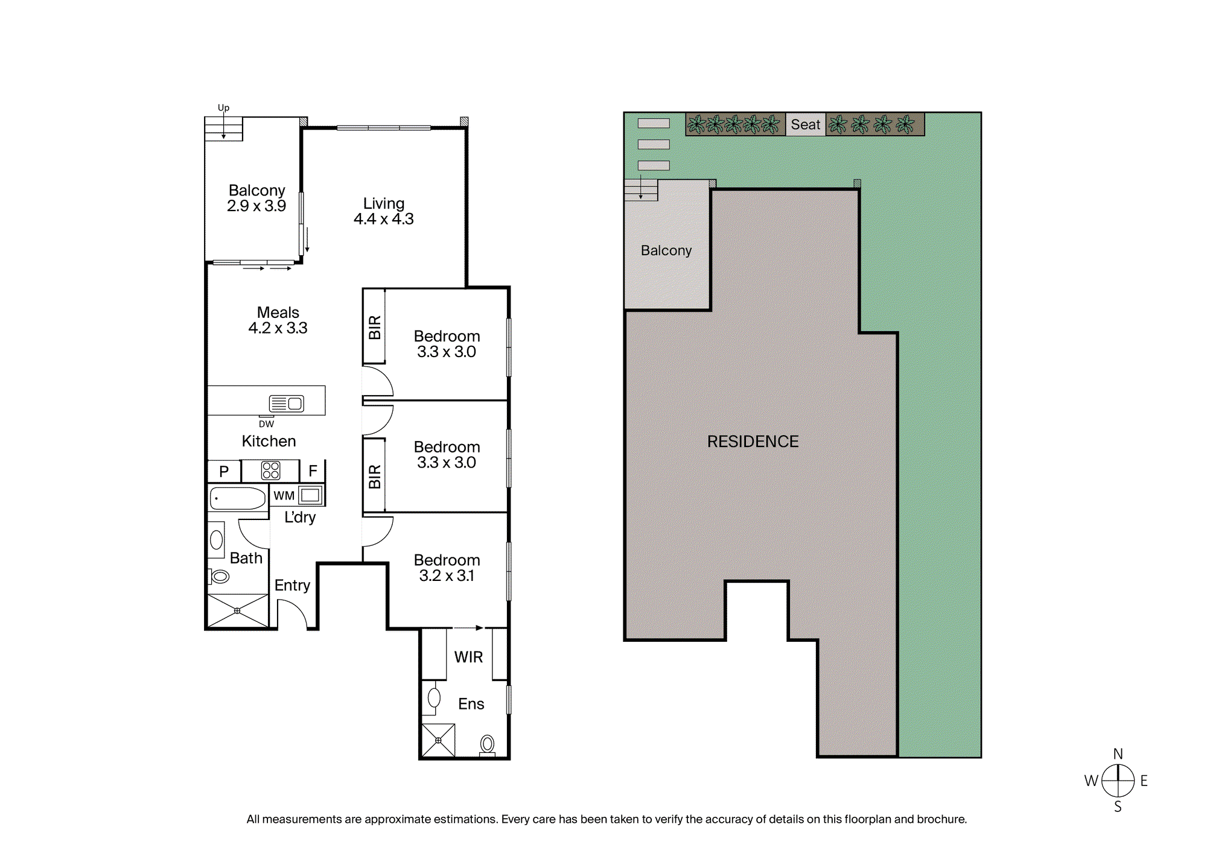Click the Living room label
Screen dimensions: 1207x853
pos(384,211)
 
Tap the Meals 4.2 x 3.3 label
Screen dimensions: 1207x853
pos(278,320)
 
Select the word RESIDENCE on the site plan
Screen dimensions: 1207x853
pos(753,442)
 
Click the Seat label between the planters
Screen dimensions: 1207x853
pos(806,124)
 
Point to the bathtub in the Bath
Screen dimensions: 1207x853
pos(238,499)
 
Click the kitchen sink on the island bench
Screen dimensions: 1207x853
pos(287,404)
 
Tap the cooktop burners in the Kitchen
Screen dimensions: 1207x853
pos(270,471)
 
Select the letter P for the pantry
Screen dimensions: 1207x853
pos(224,472)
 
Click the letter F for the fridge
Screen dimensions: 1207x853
pos(313,471)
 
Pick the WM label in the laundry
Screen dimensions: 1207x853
pos(284,496)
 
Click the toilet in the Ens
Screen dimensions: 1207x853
pos(487,746)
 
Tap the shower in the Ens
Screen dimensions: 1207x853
pos(438,740)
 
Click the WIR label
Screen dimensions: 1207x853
pos(468,657)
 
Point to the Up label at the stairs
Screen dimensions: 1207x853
pos(223,108)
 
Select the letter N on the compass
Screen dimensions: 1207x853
pos(1118,754)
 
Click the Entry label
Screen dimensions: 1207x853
pos(292,585)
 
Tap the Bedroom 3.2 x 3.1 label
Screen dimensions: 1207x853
pos(447,568)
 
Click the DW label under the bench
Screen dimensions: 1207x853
pos(266,424)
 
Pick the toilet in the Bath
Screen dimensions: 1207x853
pos(220,577)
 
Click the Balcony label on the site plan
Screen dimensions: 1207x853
pos(666,250)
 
